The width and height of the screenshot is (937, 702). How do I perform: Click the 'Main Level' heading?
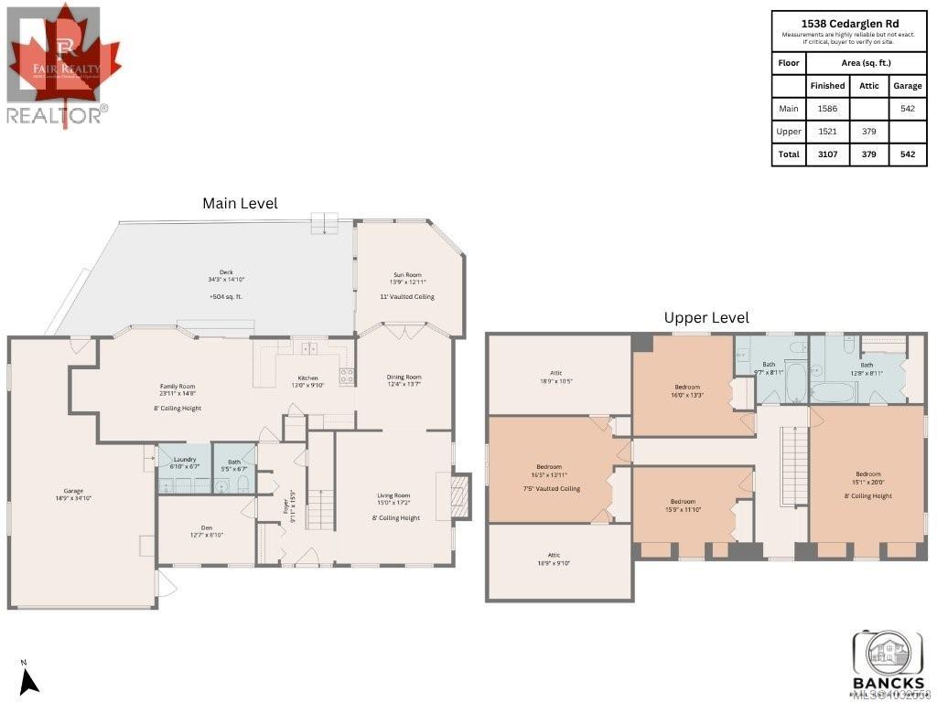[x=240, y=203]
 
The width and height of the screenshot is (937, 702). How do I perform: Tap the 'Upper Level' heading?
[x=706, y=317]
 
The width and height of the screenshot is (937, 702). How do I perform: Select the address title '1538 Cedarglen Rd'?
[x=848, y=23]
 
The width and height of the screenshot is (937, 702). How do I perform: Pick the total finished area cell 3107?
[x=827, y=154]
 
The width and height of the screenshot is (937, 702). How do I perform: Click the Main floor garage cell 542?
[x=907, y=109]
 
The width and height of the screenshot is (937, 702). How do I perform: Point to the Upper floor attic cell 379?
[x=869, y=132]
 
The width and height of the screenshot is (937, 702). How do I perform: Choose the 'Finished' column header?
[x=827, y=86]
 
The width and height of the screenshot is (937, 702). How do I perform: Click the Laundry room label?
[x=184, y=459]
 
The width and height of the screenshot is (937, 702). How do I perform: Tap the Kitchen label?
[x=307, y=378]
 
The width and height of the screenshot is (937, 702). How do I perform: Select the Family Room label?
[x=178, y=387]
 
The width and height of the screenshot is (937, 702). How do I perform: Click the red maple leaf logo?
[x=65, y=59]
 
